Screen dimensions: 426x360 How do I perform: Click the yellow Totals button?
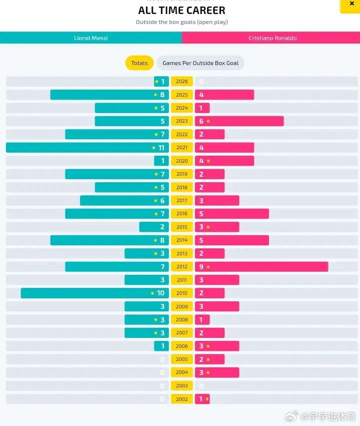click(139, 63)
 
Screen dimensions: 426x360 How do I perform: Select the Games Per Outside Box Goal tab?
click(200, 63)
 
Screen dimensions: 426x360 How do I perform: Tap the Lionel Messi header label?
click(90, 38)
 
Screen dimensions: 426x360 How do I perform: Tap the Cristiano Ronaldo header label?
click(272, 38)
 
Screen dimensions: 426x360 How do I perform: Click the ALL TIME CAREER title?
click(181, 11)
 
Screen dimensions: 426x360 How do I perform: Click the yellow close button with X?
click(351, 5)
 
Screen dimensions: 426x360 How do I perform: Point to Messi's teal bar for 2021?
click(87, 148)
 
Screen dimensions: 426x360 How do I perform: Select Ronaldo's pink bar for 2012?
click(261, 267)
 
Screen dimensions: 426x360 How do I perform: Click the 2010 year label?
click(182, 293)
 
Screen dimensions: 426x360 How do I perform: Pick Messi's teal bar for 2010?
click(95, 293)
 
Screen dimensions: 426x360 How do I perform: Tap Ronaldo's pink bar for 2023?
click(239, 121)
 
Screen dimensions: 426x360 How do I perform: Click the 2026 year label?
click(182, 81)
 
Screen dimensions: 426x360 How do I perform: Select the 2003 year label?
click(182, 386)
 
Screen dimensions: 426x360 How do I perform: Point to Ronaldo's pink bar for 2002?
click(202, 399)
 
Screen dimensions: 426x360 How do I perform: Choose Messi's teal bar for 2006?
click(161, 346)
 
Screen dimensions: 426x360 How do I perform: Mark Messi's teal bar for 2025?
click(109, 95)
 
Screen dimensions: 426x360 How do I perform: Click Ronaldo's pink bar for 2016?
click(232, 214)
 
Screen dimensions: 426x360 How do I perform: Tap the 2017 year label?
click(182, 201)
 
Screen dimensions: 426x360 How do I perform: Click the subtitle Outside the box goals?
click(181, 22)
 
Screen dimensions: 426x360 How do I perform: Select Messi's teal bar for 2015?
click(154, 227)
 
